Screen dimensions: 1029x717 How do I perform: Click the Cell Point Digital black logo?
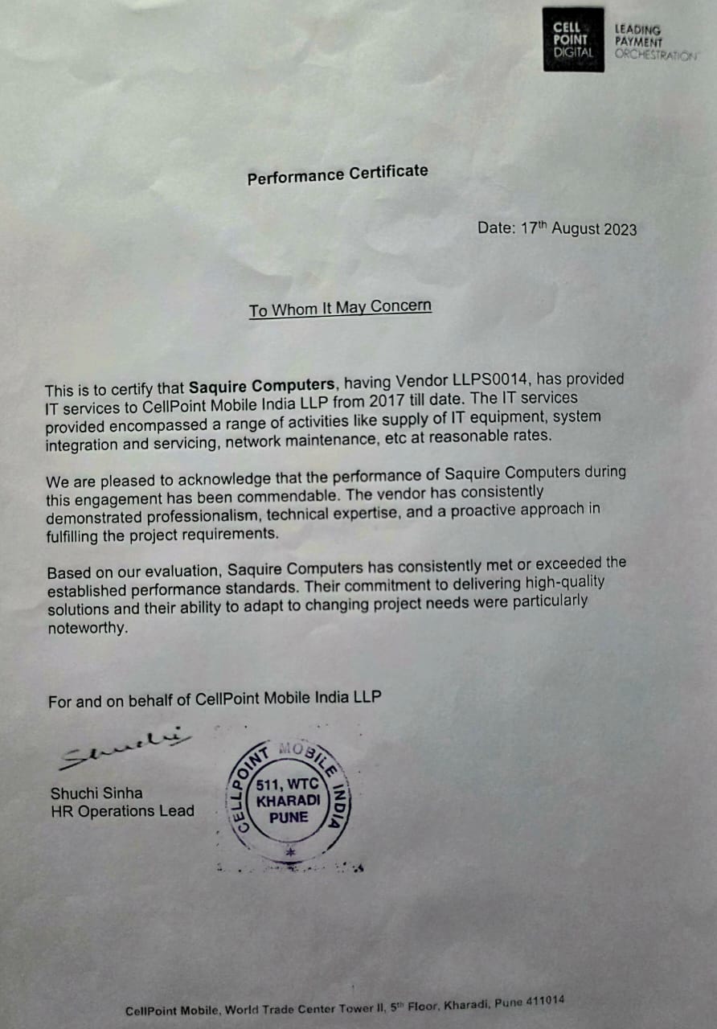pyautogui.click(x=573, y=39)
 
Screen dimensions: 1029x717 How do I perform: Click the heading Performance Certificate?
pyautogui.click(x=338, y=174)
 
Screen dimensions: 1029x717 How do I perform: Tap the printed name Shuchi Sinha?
pyautogui.click(x=97, y=793)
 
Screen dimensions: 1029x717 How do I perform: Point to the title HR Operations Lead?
pyautogui.click(x=122, y=811)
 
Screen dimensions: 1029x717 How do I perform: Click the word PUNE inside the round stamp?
pyautogui.click(x=289, y=817)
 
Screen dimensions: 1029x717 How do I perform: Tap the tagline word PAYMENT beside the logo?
pyautogui.click(x=639, y=42)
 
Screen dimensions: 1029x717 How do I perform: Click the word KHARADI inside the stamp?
pyautogui.click(x=289, y=801)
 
